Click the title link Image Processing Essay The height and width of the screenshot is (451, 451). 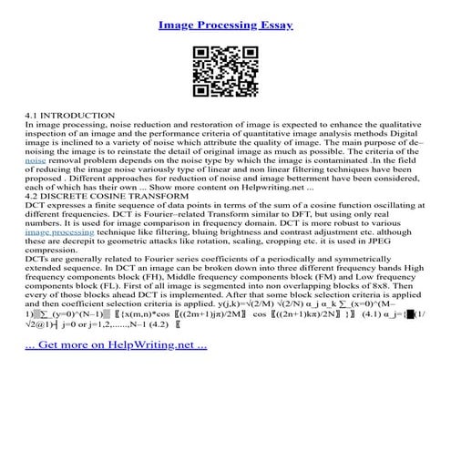(225, 25)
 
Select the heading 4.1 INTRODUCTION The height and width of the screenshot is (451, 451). (70, 116)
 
